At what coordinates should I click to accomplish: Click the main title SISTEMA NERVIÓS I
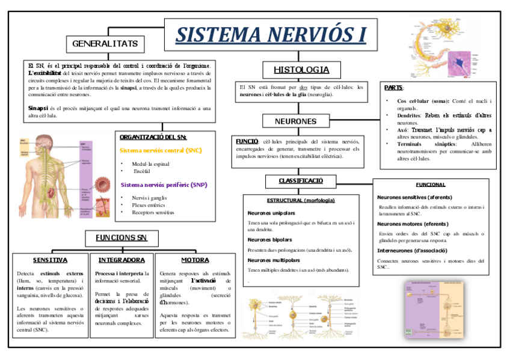coord(271,34)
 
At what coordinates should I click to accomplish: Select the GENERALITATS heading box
coord(105,44)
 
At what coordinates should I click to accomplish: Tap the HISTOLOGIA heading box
coord(301,70)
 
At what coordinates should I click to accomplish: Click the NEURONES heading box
coord(295,121)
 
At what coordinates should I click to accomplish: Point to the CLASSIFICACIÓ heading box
coord(301,181)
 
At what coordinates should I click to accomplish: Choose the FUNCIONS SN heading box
coord(121,237)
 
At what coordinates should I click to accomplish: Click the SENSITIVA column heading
coord(50,260)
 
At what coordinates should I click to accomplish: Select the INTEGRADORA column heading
coord(121,260)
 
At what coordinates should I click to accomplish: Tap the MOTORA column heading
coord(195,260)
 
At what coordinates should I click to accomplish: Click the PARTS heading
coord(394,88)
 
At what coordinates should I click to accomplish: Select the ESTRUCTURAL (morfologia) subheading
coord(301,200)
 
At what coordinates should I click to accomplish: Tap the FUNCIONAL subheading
coord(431,185)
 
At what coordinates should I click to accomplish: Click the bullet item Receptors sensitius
coord(153,212)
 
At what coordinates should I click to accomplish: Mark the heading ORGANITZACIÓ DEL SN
coord(153,137)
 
